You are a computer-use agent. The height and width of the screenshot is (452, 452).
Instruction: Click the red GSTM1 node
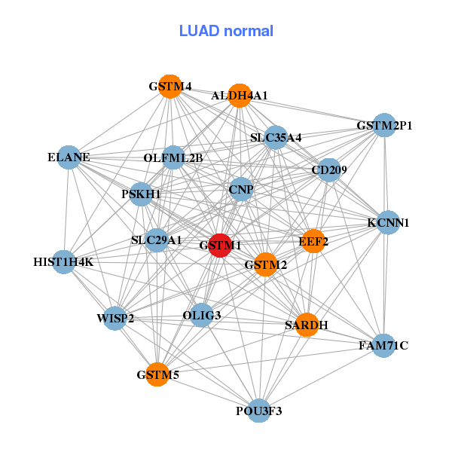(x=219, y=246)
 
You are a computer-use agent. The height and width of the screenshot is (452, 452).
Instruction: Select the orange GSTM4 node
(x=171, y=87)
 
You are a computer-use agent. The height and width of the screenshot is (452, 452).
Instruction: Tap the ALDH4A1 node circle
(x=240, y=95)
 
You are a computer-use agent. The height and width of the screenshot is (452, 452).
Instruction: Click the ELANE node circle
(x=69, y=157)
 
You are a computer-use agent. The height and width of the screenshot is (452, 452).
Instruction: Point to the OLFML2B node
(x=173, y=158)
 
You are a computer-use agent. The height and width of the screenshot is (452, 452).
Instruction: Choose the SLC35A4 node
(x=276, y=138)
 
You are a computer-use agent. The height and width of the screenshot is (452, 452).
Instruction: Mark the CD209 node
(x=329, y=170)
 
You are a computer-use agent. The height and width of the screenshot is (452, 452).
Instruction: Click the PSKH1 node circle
(x=142, y=194)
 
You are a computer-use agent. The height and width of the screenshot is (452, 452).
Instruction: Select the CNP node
(x=241, y=190)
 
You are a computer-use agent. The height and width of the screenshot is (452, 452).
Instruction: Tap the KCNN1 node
(x=388, y=222)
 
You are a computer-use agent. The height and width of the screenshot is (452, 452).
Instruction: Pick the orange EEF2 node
(x=313, y=241)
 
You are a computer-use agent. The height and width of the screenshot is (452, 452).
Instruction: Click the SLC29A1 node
(x=157, y=240)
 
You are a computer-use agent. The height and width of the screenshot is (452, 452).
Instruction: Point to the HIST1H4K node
(x=64, y=262)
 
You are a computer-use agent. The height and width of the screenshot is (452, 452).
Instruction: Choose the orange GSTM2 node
(x=265, y=264)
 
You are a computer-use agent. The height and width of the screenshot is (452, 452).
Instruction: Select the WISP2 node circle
(x=115, y=318)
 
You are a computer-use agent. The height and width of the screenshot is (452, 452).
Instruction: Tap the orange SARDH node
(x=306, y=325)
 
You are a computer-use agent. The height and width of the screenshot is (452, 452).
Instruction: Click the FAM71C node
(x=383, y=346)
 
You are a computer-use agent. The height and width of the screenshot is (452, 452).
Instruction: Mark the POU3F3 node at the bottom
(x=259, y=411)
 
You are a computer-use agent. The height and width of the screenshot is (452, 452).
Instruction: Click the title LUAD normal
(x=226, y=31)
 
